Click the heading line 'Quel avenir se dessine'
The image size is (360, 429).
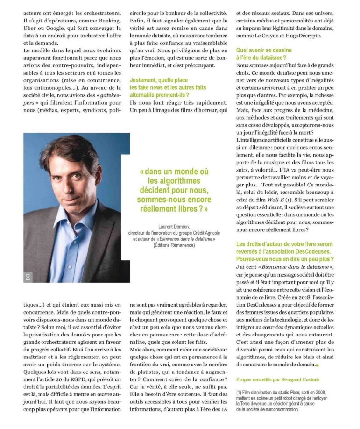(x=264, y=50)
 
